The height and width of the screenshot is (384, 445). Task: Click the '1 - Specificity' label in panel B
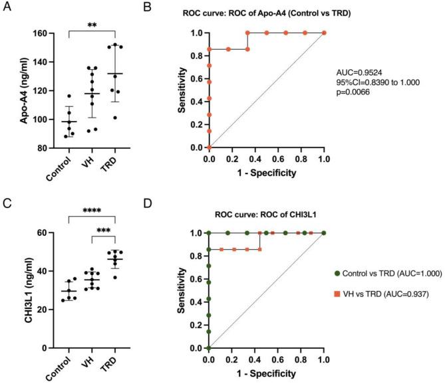pyautogui.click(x=266, y=176)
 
